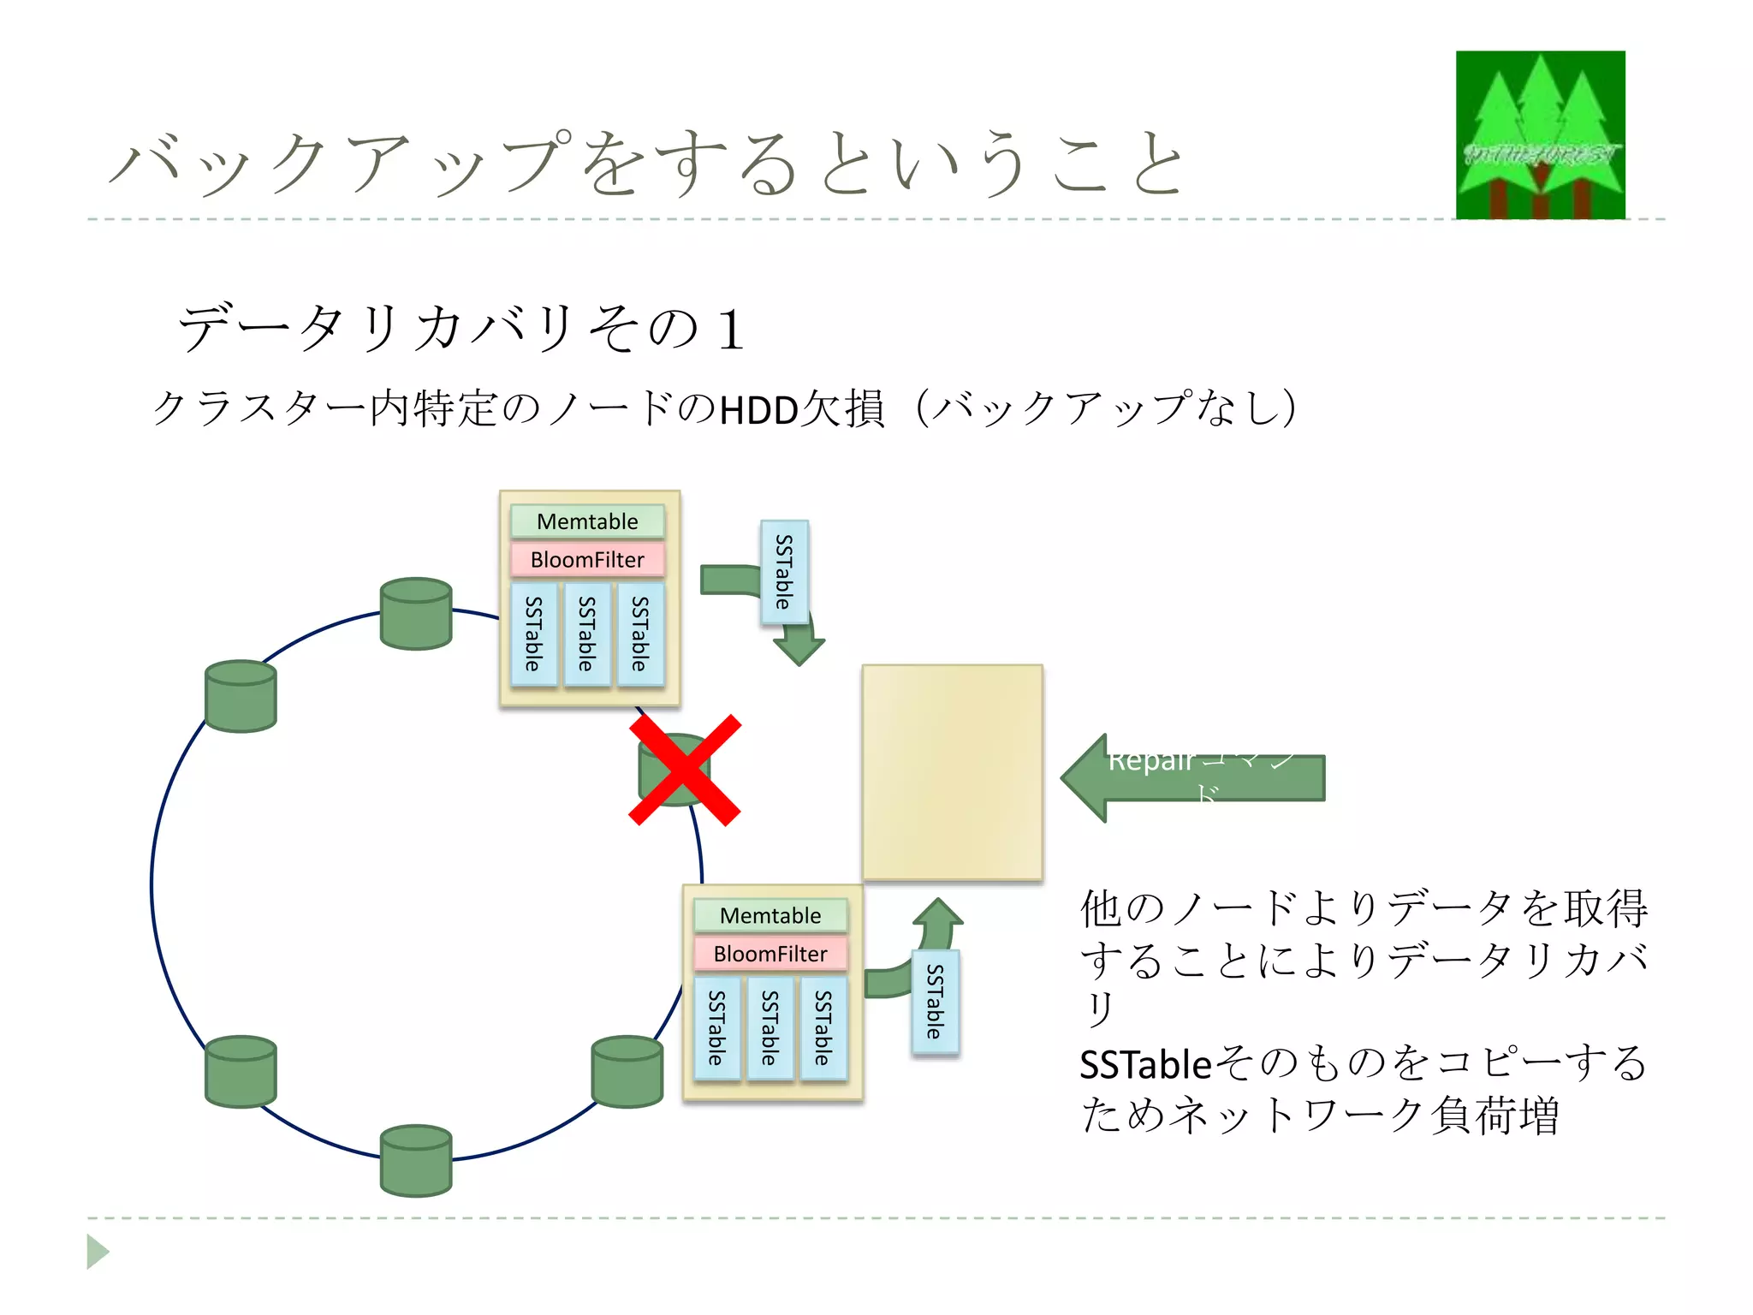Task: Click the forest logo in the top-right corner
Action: click(x=1540, y=134)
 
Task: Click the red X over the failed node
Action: click(x=685, y=770)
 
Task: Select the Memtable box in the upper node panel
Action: click(x=587, y=521)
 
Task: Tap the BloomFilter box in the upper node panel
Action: click(x=587, y=560)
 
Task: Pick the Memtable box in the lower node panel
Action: click(x=770, y=915)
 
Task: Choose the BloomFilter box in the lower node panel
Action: click(x=770, y=954)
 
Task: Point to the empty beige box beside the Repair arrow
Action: click(x=952, y=771)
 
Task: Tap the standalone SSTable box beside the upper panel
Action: click(x=784, y=571)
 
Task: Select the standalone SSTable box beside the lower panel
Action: click(x=935, y=1002)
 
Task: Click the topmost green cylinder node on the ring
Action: click(x=416, y=614)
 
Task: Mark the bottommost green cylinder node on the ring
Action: click(x=416, y=1160)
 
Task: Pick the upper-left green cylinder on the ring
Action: click(x=241, y=696)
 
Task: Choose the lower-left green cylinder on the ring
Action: click(x=241, y=1071)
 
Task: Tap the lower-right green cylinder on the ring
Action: click(x=627, y=1071)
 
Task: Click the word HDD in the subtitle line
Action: click(x=759, y=410)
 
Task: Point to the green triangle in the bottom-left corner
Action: click(x=98, y=1252)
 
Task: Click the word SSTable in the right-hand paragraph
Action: click(x=1145, y=1065)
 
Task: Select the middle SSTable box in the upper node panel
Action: click(x=586, y=634)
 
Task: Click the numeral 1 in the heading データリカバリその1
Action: click(x=730, y=330)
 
